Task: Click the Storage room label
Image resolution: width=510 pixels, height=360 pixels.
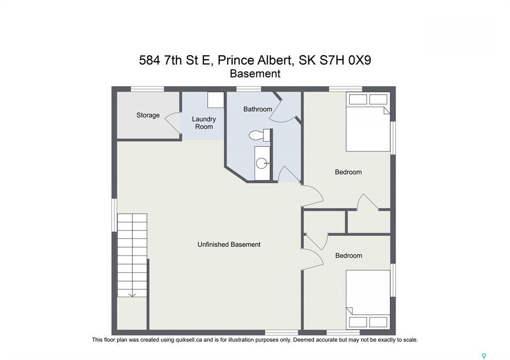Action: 148,116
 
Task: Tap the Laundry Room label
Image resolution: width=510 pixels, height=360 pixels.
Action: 204,123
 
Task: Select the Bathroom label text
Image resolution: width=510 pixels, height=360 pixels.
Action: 257,109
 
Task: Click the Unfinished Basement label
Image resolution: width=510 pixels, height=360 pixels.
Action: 229,244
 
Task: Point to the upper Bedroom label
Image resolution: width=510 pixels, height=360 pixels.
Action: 348,172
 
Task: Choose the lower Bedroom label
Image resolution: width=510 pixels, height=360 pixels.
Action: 348,255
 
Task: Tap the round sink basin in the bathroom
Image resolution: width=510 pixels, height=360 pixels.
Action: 261,163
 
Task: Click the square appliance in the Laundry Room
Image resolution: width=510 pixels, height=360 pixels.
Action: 216,100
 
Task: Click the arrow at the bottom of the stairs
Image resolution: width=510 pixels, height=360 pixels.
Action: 132,294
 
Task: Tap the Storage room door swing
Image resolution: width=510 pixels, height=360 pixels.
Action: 172,122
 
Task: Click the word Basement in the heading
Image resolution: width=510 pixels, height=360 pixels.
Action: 255,74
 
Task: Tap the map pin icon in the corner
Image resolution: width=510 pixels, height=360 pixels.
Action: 484,357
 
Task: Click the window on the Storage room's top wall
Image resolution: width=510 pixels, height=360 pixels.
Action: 147,89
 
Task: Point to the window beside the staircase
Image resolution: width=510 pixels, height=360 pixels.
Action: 114,215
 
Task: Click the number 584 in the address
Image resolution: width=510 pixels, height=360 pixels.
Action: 150,61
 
